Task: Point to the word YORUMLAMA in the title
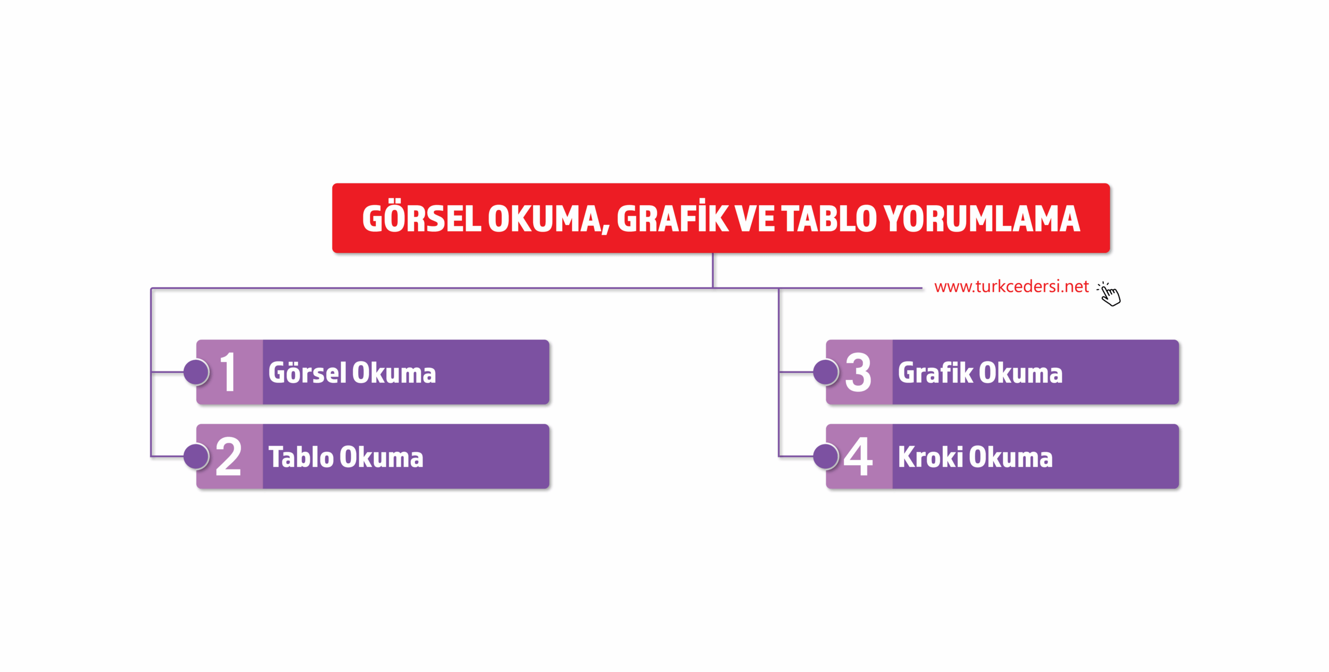point(982,219)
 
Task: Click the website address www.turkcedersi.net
point(1011,287)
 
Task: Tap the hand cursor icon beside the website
point(1109,294)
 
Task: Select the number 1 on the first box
point(228,372)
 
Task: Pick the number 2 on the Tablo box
point(228,456)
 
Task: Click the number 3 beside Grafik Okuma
point(858,372)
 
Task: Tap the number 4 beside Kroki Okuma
point(858,456)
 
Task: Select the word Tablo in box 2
point(301,457)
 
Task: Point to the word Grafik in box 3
point(935,372)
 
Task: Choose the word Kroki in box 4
point(930,457)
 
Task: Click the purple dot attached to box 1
point(196,372)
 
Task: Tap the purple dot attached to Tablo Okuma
point(196,456)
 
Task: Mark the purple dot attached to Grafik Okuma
point(826,372)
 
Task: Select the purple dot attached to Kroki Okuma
point(826,456)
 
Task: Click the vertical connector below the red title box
point(713,270)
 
